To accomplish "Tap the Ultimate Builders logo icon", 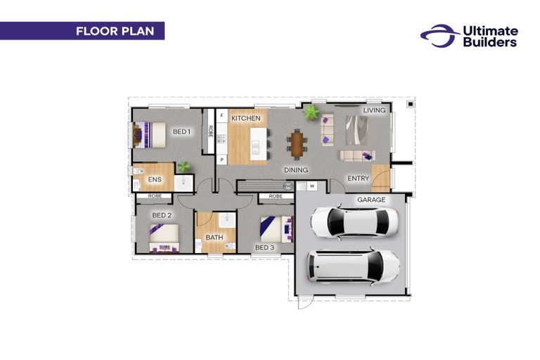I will (439, 36).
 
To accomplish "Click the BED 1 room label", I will (181, 131).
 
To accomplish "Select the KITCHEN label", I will (246, 118).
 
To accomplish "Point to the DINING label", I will (297, 170).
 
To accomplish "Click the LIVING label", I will (374, 110).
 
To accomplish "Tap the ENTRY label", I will (358, 179).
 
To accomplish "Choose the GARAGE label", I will (371, 200).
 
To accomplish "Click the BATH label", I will (214, 238).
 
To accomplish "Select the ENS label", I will (155, 180).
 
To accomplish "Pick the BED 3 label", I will (264, 247).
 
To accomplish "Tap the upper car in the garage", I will (354, 221).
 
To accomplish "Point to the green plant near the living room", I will (310, 112).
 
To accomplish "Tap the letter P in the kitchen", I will (221, 160).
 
